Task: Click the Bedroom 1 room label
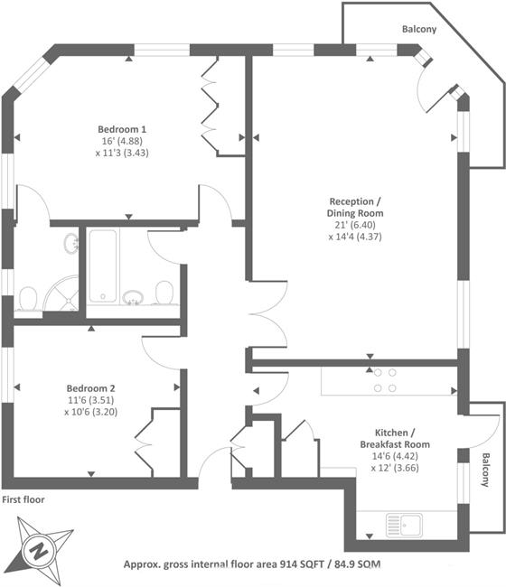pyautogui.click(x=122, y=129)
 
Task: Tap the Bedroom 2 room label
pyautogui.click(x=90, y=388)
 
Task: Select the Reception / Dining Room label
pyautogui.click(x=355, y=207)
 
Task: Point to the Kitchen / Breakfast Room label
pyautogui.click(x=395, y=438)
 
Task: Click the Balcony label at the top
pyautogui.click(x=419, y=29)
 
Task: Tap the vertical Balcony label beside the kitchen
pyautogui.click(x=485, y=470)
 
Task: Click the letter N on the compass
pyautogui.click(x=39, y=551)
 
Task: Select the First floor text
pyautogui.click(x=23, y=499)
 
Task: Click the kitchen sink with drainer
pyautogui.click(x=404, y=525)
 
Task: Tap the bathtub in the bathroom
pyautogui.click(x=103, y=266)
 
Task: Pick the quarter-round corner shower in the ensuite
pyautogui.click(x=61, y=293)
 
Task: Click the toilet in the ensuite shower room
pyautogui.click(x=27, y=299)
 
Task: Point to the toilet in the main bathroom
pyautogui.click(x=164, y=293)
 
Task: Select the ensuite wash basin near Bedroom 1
pyautogui.click(x=71, y=243)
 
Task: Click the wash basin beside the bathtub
pyautogui.click(x=133, y=296)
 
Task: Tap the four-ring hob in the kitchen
pyautogui.click(x=385, y=380)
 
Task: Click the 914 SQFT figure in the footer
pyautogui.click(x=303, y=564)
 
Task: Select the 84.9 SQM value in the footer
pyautogui.click(x=357, y=564)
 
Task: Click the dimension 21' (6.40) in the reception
pyautogui.click(x=355, y=225)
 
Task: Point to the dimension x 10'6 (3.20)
pyautogui.click(x=90, y=412)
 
